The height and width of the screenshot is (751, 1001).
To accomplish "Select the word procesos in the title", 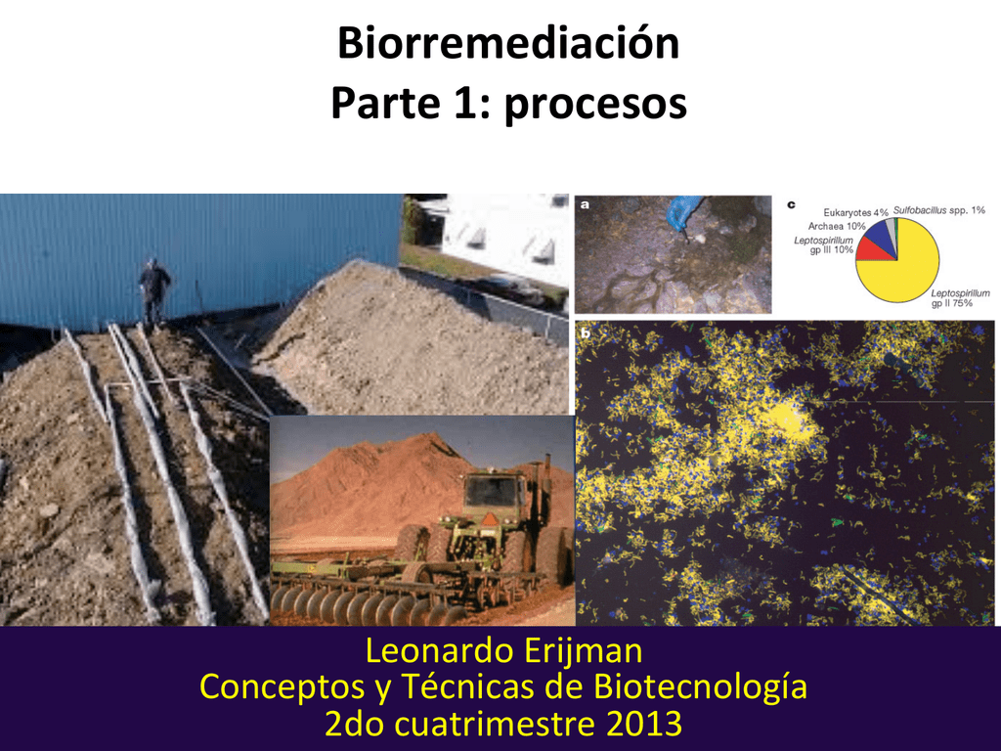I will click(594, 104).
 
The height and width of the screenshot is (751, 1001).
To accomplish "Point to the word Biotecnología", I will click(701, 687).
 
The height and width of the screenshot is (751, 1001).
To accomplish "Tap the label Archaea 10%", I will click(830, 227).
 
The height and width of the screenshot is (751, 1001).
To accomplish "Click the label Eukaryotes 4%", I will click(855, 212).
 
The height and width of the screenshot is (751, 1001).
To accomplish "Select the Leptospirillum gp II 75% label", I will click(960, 298).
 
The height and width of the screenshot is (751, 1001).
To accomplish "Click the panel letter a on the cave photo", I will click(585, 205).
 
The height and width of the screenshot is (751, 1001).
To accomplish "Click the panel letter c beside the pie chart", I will click(791, 205).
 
